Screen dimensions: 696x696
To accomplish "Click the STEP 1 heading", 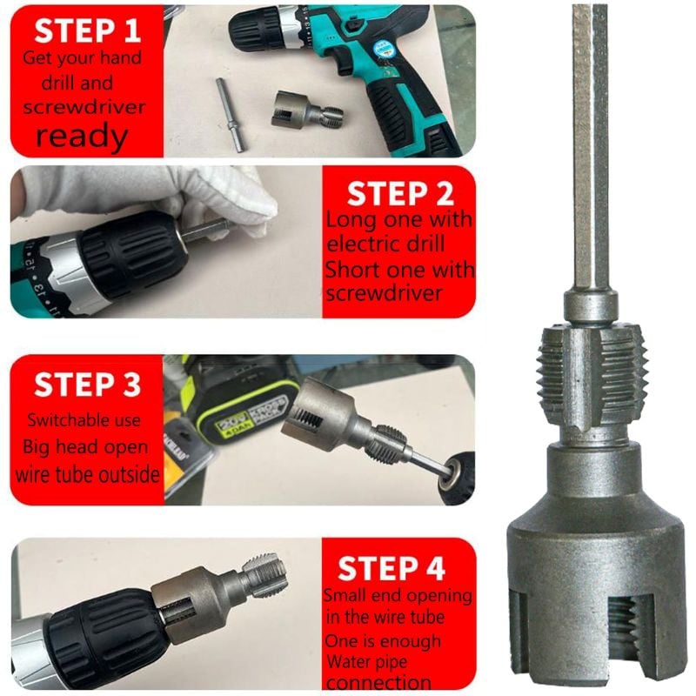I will [x=87, y=32].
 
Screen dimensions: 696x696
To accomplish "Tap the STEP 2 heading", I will [x=399, y=193].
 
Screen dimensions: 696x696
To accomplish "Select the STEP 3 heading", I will [x=87, y=385].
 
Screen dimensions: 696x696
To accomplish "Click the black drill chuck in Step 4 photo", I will [x=104, y=639].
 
